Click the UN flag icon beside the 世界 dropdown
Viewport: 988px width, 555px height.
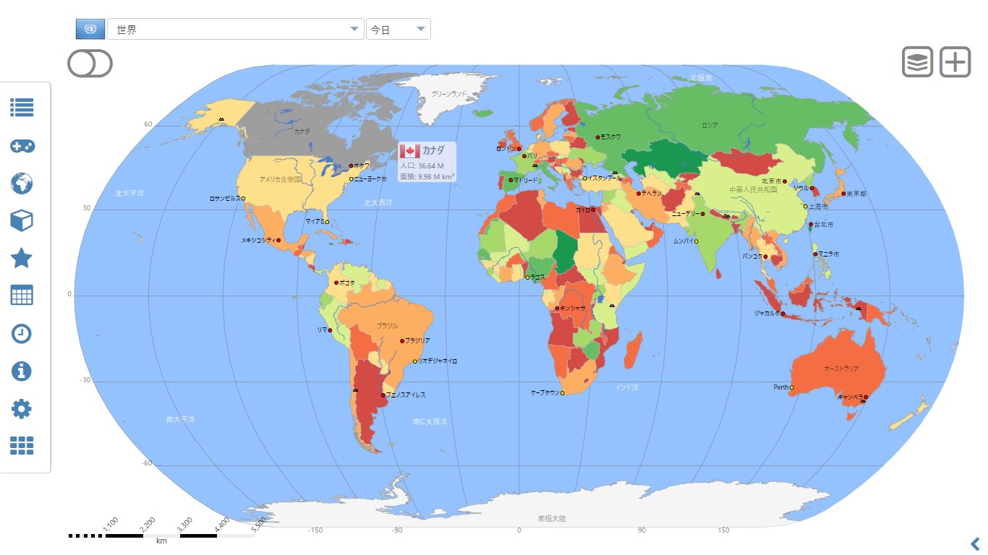click(x=90, y=29)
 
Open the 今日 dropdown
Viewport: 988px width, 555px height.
click(x=399, y=30)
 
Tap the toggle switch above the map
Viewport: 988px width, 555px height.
click(x=90, y=63)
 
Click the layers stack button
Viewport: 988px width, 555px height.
click(x=917, y=62)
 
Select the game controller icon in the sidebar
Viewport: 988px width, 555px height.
click(x=22, y=146)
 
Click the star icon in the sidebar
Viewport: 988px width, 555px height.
click(x=22, y=258)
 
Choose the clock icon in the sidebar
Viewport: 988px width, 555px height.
click(x=22, y=333)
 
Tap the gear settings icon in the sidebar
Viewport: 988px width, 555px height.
click(x=22, y=409)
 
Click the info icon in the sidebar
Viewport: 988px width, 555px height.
click(x=22, y=371)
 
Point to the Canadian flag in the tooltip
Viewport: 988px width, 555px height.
click(x=409, y=150)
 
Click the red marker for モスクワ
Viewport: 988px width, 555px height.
click(x=597, y=137)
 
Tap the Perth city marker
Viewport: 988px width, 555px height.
click(x=792, y=388)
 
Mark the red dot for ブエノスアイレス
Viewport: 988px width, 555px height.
click(x=383, y=395)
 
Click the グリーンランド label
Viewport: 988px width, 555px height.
click(x=448, y=94)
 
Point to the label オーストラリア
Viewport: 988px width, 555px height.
click(x=841, y=369)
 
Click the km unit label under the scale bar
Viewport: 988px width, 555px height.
click(x=161, y=541)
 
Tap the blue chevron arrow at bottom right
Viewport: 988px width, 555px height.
click(x=975, y=543)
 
